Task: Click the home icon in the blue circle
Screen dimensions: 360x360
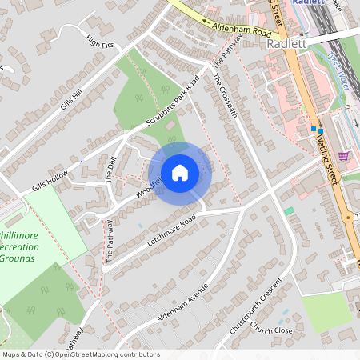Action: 180,172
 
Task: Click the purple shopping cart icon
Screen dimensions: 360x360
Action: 344,155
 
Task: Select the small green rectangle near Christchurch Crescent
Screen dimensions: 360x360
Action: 289,210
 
